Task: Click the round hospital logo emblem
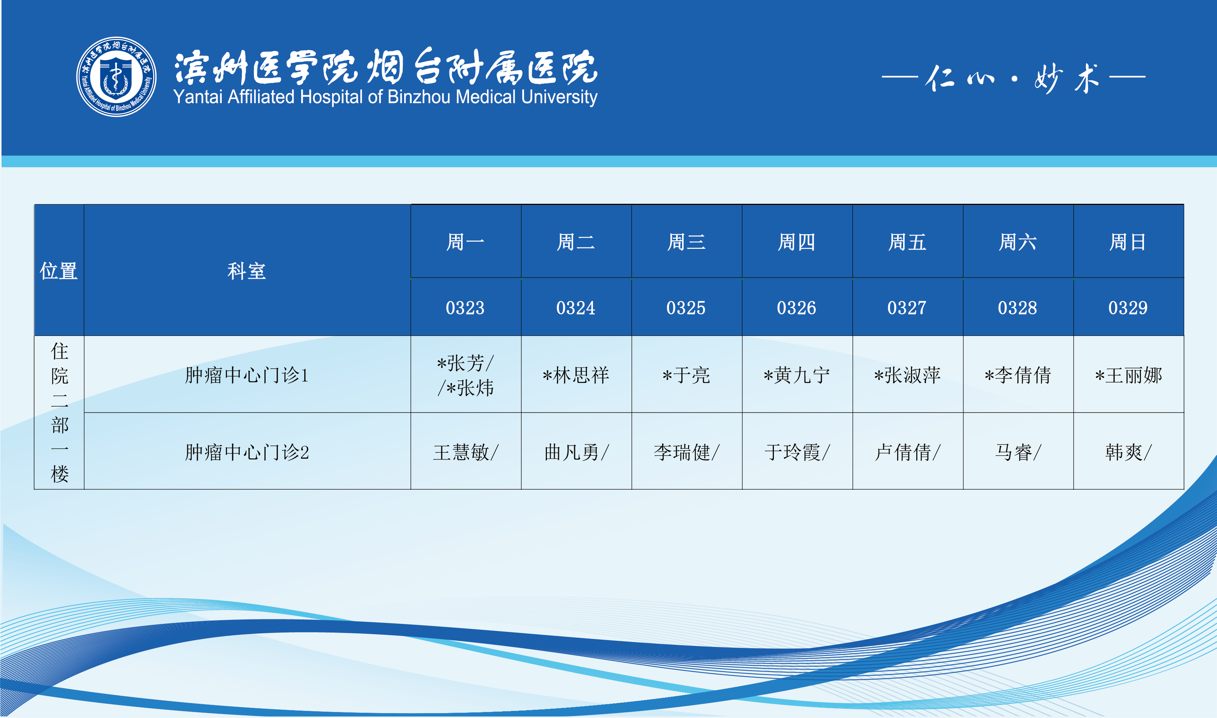pos(116,76)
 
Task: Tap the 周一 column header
pos(466,241)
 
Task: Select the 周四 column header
pos(797,241)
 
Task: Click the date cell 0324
pos(576,307)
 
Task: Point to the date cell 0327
pos(908,307)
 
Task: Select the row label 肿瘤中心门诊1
pos(247,375)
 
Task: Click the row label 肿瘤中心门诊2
pos(247,452)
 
